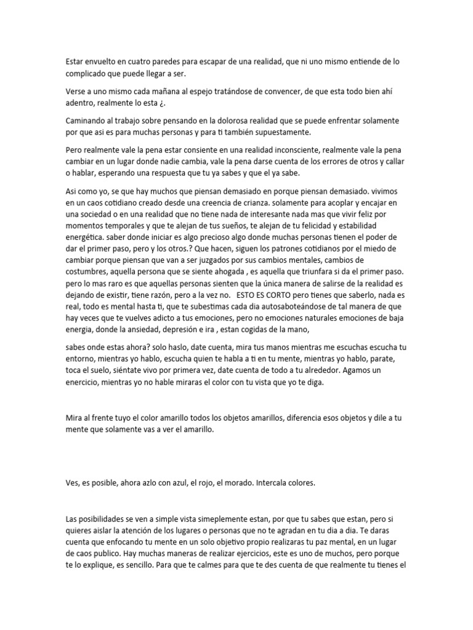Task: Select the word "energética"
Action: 87,236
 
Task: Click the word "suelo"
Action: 99,371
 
